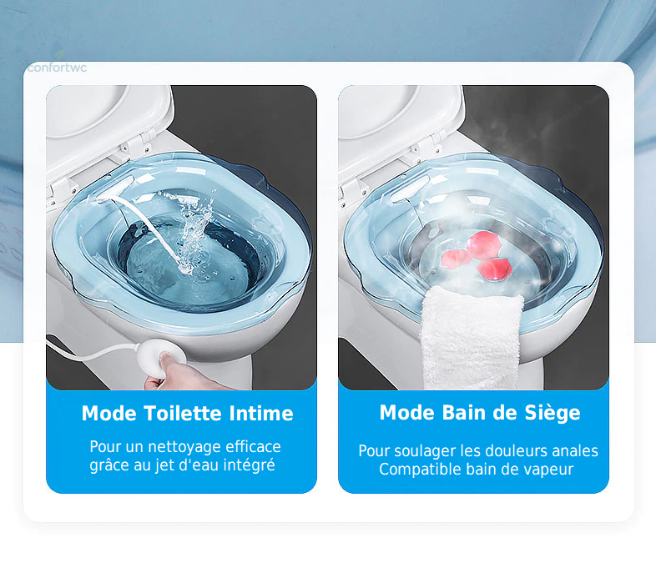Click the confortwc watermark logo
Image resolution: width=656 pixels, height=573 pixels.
tap(57, 67)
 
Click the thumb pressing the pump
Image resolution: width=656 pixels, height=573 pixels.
tap(169, 359)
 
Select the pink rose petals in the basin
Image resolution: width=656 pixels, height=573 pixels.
tap(476, 255)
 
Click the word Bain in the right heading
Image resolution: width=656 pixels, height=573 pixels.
tap(463, 413)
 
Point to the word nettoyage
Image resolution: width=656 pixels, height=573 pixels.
tap(184, 447)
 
